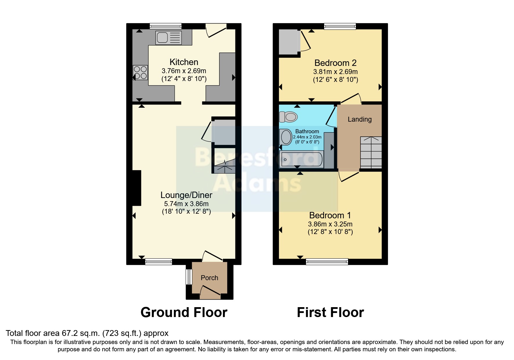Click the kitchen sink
point(168,38)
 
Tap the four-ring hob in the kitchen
point(140,73)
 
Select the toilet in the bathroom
point(288,117)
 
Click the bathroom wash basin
point(286,137)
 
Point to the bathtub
point(301,159)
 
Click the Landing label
point(360,119)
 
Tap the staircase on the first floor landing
point(371,152)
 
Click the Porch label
point(209,278)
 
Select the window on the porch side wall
point(189,277)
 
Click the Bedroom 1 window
point(327,262)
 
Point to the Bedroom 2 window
point(340,26)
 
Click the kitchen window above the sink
point(165,26)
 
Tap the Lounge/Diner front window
point(158,262)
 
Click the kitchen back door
point(216,31)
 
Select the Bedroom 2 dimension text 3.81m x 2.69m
point(335,72)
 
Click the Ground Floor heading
point(184,312)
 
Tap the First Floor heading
point(330,312)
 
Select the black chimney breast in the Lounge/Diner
point(136,188)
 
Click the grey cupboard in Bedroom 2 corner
point(289,42)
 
